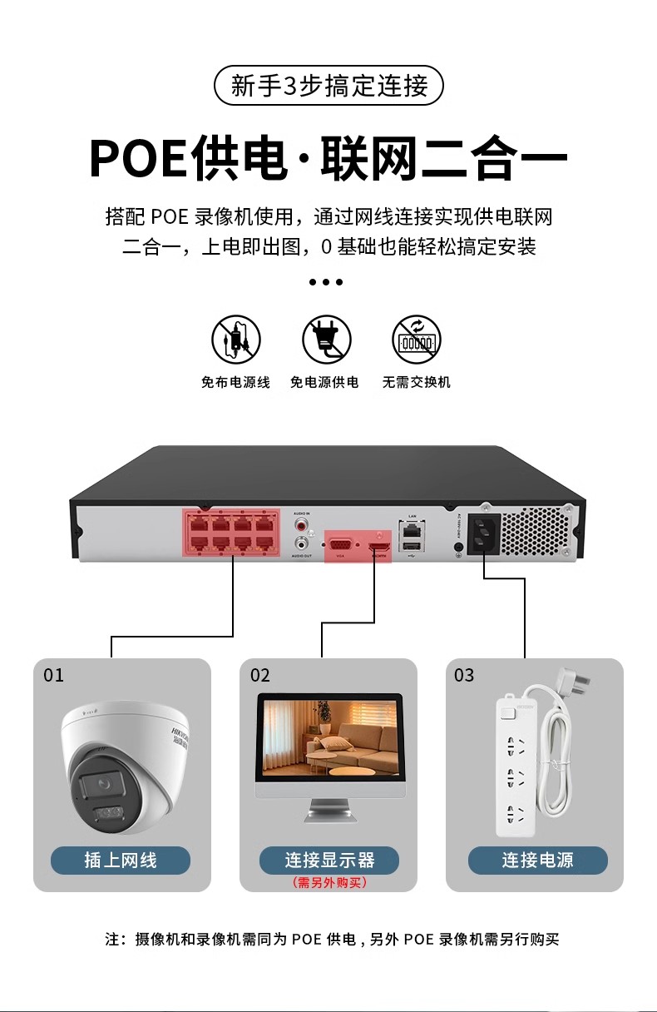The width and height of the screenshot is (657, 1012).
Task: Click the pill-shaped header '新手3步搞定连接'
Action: [328, 86]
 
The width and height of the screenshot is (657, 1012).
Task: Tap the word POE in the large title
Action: [137, 158]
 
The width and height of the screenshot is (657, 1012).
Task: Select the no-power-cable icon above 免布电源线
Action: [235, 340]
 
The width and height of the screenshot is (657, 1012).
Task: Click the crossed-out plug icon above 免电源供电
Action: [326, 340]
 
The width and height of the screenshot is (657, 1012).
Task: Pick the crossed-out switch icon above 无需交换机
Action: [416, 340]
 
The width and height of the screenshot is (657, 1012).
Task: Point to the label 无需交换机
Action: [416, 382]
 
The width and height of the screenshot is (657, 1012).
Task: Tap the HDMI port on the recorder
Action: [379, 544]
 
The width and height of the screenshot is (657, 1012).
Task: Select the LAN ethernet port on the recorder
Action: [410, 529]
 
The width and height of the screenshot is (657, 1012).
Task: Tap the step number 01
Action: [53, 675]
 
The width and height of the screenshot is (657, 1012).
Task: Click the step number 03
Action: [463, 675]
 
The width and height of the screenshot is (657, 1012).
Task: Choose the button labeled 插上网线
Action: [121, 860]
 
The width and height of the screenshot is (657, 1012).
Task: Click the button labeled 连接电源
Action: [537, 860]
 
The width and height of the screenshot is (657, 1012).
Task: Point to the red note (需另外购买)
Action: [329, 882]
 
